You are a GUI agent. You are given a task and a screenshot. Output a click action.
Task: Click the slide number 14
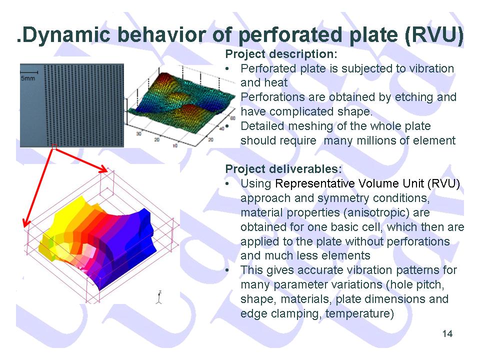(447, 333)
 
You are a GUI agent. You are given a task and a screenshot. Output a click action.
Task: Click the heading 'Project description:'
(281, 54)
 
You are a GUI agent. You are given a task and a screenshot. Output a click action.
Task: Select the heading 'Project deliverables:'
(283, 169)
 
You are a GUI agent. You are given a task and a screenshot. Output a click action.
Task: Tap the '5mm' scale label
(28, 78)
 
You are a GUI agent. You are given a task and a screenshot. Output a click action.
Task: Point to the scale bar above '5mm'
(29, 72)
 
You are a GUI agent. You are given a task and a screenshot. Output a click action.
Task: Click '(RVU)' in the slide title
(434, 34)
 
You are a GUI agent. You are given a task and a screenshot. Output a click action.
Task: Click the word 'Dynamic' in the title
(66, 34)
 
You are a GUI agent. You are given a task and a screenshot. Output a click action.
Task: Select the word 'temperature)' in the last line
(359, 314)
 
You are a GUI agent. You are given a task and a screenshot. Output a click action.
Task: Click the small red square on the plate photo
(54, 146)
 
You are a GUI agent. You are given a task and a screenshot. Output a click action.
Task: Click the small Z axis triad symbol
(159, 297)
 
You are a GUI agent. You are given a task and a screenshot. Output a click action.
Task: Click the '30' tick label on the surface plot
(138, 134)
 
